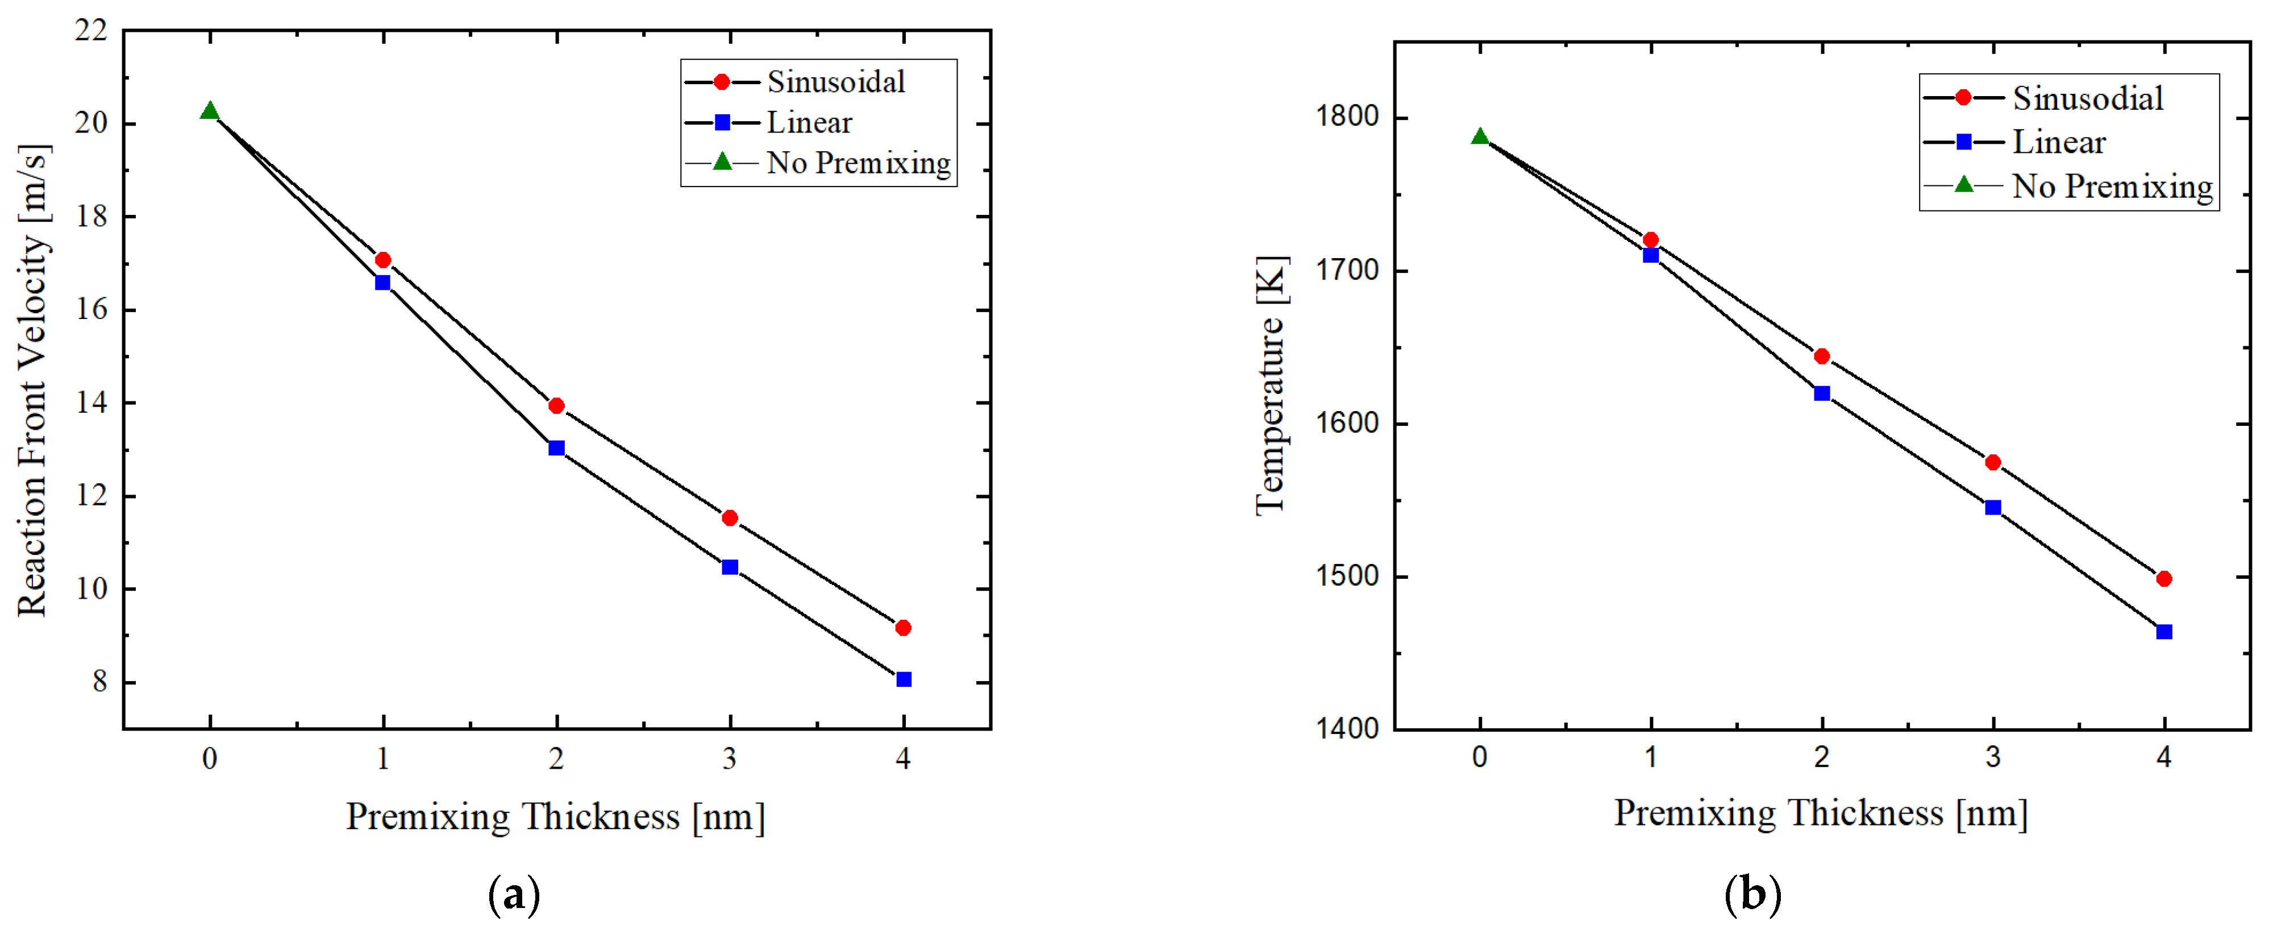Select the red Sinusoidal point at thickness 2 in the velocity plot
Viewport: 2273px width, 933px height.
pyautogui.click(x=556, y=406)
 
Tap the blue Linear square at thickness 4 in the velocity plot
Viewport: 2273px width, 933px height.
pyautogui.click(x=903, y=679)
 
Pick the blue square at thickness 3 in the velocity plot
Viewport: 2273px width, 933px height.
pyautogui.click(x=730, y=567)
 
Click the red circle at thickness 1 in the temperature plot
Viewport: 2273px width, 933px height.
pyautogui.click(x=1651, y=240)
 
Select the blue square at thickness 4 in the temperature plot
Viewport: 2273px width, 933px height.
pyautogui.click(x=2163, y=632)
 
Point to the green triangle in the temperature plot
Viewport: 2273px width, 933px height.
pyautogui.click(x=1480, y=137)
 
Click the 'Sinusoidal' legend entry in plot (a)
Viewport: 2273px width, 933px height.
pyautogui.click(x=835, y=82)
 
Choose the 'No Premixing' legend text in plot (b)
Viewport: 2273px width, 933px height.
pyautogui.click(x=2112, y=186)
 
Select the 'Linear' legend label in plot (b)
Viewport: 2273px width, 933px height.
pyautogui.click(x=2059, y=142)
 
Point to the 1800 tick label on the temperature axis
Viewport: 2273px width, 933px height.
pyautogui.click(x=1347, y=117)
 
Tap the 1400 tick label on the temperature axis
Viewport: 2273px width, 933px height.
pyautogui.click(x=1347, y=729)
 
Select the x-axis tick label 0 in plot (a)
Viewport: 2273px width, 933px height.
pyautogui.click(x=209, y=758)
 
